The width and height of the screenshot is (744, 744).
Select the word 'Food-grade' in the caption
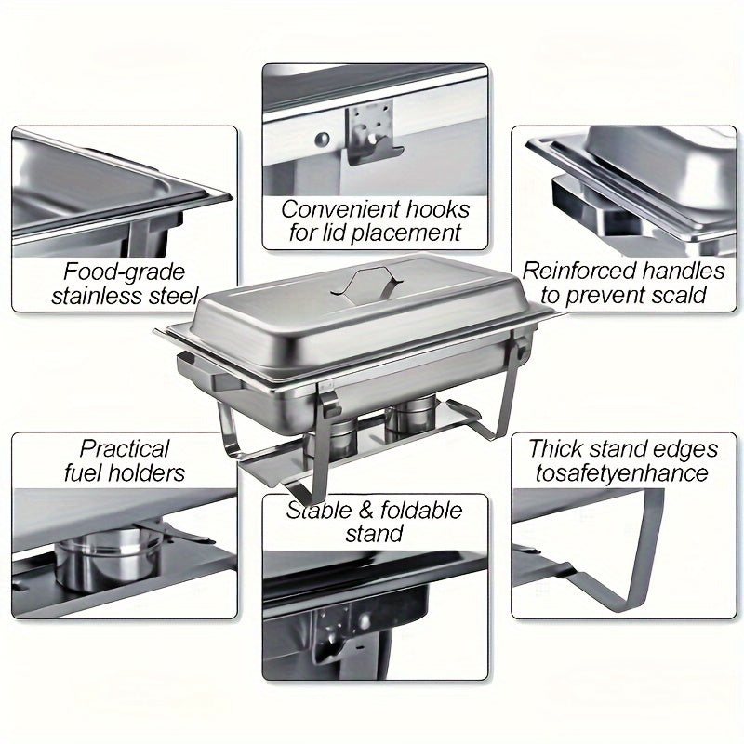(x=125, y=272)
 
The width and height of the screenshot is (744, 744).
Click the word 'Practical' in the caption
(x=125, y=449)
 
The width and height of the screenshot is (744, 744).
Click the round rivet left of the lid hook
(x=321, y=140)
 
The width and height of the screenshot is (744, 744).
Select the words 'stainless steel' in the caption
(x=125, y=297)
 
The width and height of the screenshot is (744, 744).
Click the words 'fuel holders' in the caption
(x=125, y=473)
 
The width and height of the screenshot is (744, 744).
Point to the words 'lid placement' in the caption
(x=375, y=232)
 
